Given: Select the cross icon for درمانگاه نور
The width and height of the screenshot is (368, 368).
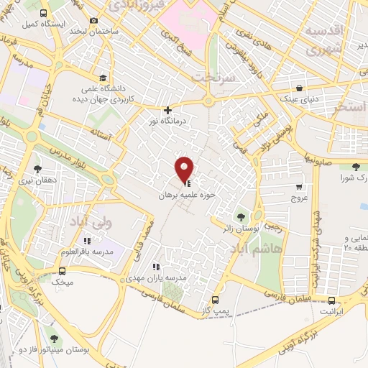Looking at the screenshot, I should pyautogui.click(x=167, y=111).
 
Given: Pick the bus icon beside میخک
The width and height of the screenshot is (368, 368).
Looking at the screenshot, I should pyautogui.click(x=62, y=271).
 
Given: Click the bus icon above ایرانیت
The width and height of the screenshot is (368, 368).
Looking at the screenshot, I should pyautogui.click(x=331, y=300).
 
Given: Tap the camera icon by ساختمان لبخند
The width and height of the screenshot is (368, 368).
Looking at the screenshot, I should pyautogui.click(x=94, y=21).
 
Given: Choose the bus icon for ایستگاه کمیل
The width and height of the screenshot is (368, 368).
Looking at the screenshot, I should pyautogui.click(x=43, y=14).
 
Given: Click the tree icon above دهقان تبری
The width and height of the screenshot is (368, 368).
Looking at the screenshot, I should pyautogui.click(x=37, y=170).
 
